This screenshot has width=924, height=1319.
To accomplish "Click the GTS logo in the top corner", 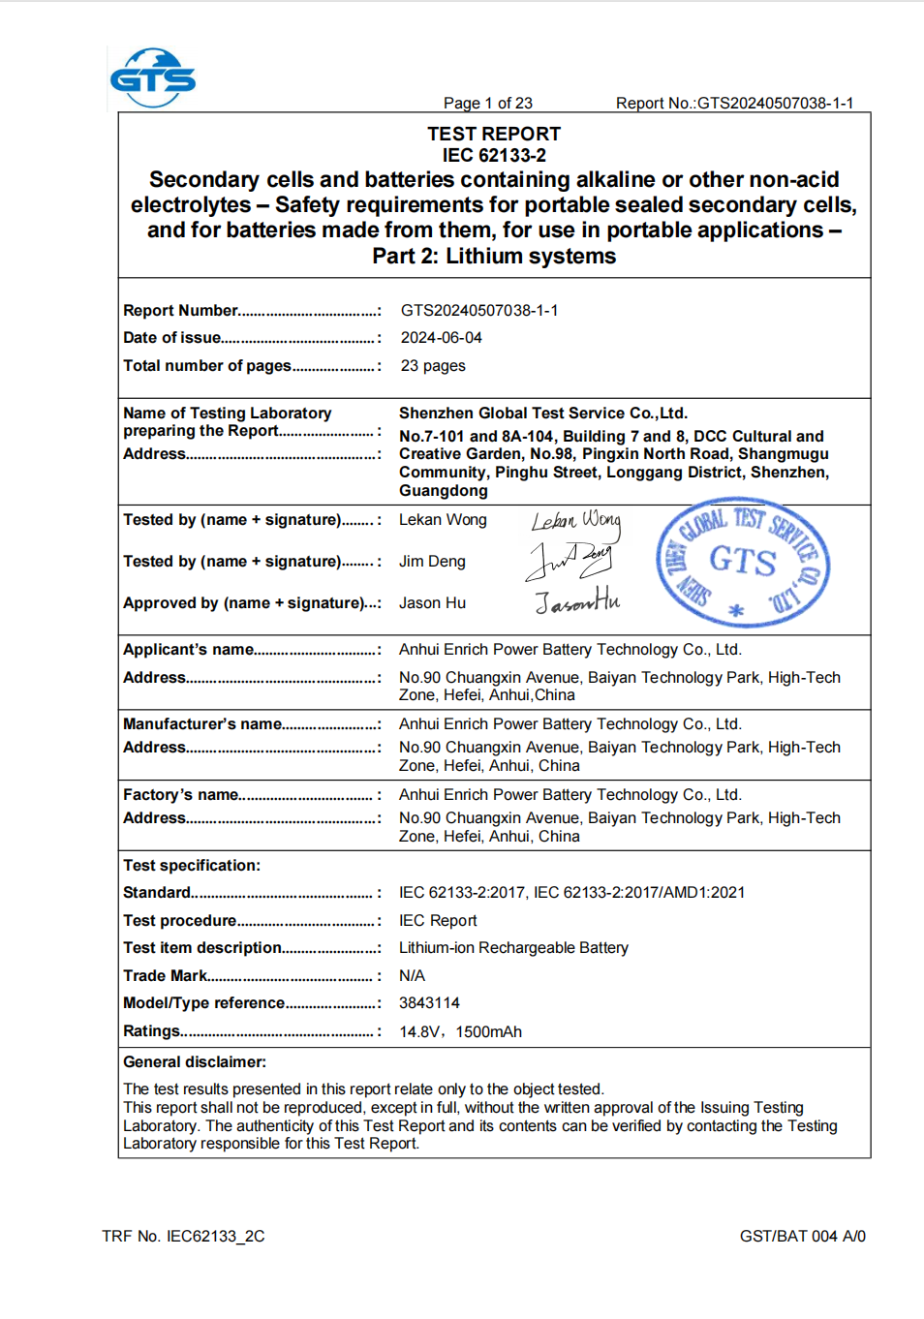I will click(153, 77).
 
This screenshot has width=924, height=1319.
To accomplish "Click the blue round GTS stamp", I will click(743, 562).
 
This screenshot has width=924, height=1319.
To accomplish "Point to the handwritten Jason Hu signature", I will click(577, 602).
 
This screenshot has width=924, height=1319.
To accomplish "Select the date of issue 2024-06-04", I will click(441, 338).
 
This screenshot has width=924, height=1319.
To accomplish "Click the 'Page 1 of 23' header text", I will click(487, 104).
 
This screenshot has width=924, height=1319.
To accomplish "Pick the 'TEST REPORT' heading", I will click(494, 134).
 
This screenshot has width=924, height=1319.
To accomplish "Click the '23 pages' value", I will click(432, 366).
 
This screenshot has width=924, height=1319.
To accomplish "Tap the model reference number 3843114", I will click(429, 1003).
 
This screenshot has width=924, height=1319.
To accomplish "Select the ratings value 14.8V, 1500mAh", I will click(460, 1032).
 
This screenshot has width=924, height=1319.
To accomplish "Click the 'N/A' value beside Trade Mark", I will click(412, 976).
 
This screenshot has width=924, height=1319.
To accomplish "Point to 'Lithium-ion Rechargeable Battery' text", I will click(513, 948).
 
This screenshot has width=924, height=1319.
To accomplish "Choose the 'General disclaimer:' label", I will click(195, 1062).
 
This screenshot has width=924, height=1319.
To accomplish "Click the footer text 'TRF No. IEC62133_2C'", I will click(183, 1237).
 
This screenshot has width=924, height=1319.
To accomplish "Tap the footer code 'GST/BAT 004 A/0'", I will click(802, 1237).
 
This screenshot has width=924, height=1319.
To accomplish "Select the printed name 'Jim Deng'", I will click(432, 562).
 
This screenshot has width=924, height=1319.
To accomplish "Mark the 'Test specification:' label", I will click(192, 866).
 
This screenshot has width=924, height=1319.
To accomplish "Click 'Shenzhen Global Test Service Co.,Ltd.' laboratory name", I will click(543, 414).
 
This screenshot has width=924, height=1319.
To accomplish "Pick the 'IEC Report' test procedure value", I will click(438, 921).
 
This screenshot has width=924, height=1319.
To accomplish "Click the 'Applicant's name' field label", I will click(189, 650).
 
